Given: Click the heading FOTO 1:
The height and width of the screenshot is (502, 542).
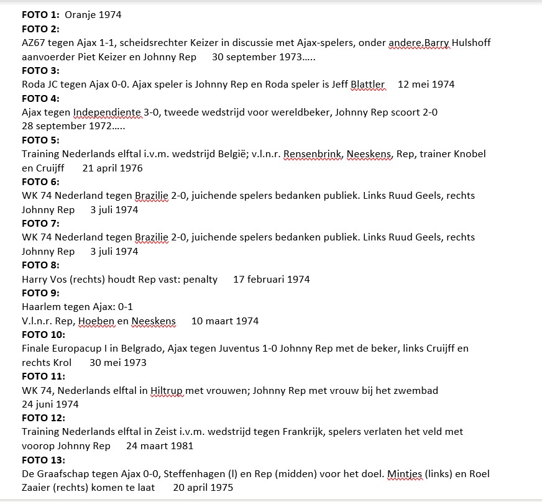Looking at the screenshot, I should pos(40,14).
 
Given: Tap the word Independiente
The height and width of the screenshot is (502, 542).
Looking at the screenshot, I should pos(107,112).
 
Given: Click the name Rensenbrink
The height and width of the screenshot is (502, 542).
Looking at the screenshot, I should pos(313,154).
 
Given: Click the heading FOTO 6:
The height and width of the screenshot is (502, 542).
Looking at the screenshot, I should pos(40,182).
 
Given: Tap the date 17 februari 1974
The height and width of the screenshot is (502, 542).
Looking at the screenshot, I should pos(272,280).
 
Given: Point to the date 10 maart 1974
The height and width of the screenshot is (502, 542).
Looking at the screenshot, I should pos(225,321).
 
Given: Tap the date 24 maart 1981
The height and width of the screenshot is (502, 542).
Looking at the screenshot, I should pos(160,446).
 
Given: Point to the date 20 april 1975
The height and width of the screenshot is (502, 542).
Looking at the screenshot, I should pos(203,488).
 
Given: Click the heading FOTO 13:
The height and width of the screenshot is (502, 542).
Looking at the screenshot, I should pos(43,460).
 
